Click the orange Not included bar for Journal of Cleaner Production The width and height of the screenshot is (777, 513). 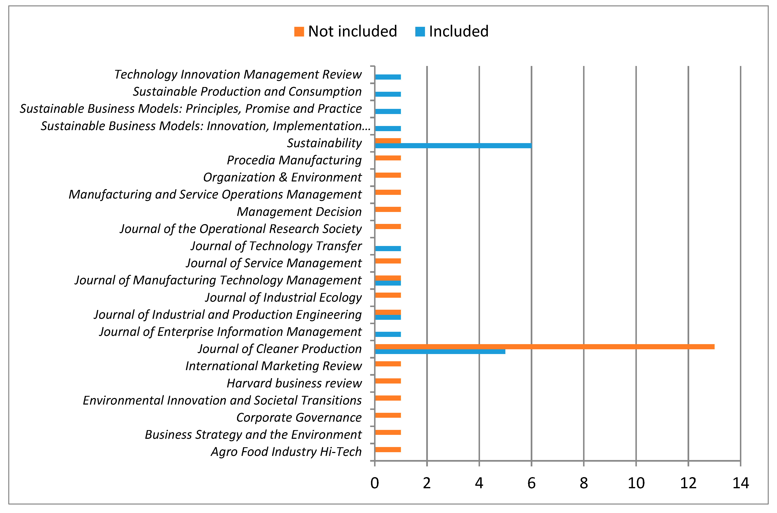pyautogui.click(x=545, y=347)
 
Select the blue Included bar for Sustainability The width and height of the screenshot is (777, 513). pyautogui.click(x=453, y=146)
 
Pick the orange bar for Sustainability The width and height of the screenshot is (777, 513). pyautogui.click(x=388, y=141)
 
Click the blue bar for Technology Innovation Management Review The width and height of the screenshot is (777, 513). pyautogui.click(x=388, y=77)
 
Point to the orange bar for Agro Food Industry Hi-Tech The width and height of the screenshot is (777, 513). pyautogui.click(x=388, y=449)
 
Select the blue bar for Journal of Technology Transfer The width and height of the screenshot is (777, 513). pyautogui.click(x=388, y=249)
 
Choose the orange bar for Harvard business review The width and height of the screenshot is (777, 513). pyautogui.click(x=388, y=381)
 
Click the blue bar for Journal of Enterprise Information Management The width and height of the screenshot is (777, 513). pyautogui.click(x=388, y=334)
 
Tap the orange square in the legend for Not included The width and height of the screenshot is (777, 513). pyautogui.click(x=299, y=32)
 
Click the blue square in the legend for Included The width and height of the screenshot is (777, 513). pyautogui.click(x=420, y=32)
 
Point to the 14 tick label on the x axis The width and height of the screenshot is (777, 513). pyautogui.click(x=740, y=483)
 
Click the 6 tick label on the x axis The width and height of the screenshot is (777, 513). pyautogui.click(x=531, y=483)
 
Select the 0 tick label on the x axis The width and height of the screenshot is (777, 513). pyautogui.click(x=375, y=483)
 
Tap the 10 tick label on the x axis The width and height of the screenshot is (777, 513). pyautogui.click(x=636, y=483)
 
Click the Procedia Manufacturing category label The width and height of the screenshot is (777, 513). pyautogui.click(x=294, y=160)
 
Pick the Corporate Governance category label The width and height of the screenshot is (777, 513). pyautogui.click(x=299, y=418)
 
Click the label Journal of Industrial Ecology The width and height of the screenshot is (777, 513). pyautogui.click(x=283, y=297)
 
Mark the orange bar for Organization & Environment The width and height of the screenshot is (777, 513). pyautogui.click(x=388, y=175)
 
